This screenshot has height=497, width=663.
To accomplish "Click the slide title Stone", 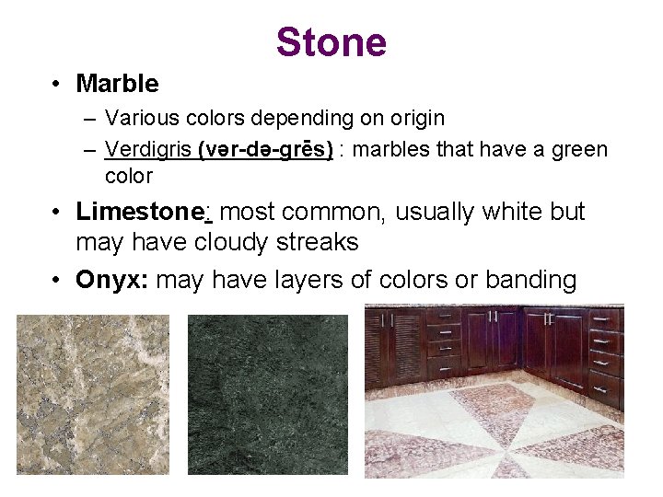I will coord(331,42).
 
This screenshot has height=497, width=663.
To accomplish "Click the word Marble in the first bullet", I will coord(117,84).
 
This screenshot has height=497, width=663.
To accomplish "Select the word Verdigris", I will coord(148,149).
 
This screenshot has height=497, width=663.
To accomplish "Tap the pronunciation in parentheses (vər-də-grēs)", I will coord(265,149).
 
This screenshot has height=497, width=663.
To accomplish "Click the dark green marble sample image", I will coord(268,395).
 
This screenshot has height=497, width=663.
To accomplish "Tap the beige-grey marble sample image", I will coord(93,395).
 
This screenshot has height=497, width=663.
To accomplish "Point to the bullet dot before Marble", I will coord(57,85).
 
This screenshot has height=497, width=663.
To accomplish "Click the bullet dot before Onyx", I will coord(57,280).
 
